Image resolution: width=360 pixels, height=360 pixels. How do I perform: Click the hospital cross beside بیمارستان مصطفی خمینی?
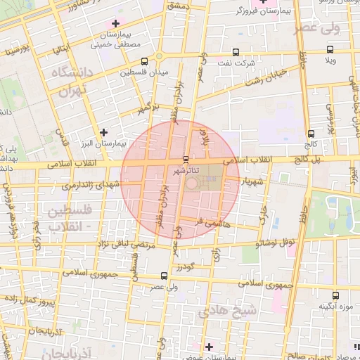[x=115, y=23]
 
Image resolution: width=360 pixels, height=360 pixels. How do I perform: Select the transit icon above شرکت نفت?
[x=235, y=51]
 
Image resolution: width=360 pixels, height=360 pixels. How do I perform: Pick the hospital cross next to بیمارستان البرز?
[x=104, y=131]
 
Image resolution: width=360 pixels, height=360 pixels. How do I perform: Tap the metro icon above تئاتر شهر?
[x=186, y=159]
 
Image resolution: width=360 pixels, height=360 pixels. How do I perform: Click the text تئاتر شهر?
[x=186, y=170]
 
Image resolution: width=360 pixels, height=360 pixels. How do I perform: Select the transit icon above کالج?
[x=311, y=134]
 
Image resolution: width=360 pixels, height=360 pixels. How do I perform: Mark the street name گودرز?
[x=184, y=267]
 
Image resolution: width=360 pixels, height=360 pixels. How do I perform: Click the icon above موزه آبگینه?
[x=335, y=295]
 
